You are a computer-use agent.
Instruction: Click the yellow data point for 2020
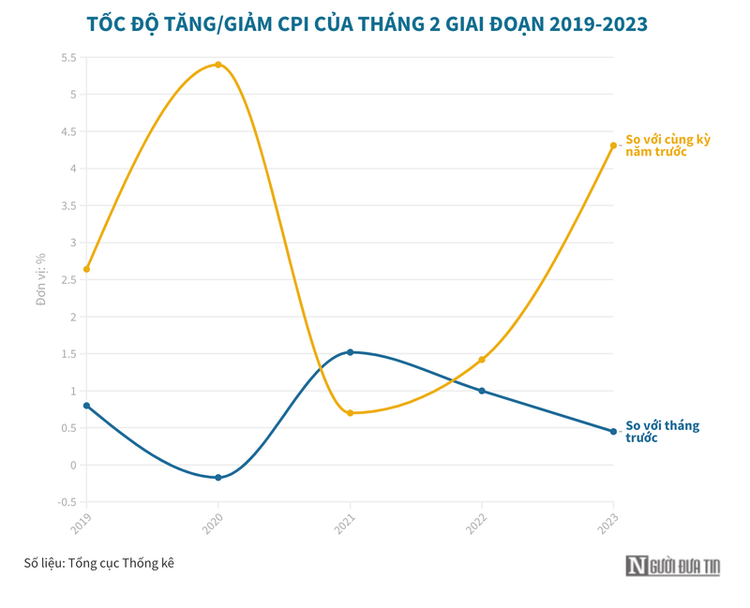[x=218, y=65]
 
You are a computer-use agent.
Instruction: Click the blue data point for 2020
[x=218, y=478]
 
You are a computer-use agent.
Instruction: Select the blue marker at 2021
[x=350, y=352]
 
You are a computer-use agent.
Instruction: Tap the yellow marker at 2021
[x=350, y=413]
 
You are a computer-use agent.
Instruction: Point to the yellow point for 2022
[x=482, y=360]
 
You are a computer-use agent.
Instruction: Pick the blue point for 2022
[x=482, y=391]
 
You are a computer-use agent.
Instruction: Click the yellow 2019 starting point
[x=86, y=269]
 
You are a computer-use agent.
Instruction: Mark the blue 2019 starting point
[x=86, y=406]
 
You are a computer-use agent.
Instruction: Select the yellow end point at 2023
[x=613, y=145]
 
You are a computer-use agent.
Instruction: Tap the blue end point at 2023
[x=613, y=432]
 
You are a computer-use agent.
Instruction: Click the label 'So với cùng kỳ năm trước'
[x=667, y=145]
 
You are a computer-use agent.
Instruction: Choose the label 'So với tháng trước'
[x=662, y=432]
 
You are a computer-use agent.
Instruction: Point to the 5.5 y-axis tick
[x=68, y=58]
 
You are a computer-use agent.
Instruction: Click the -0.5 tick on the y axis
[x=67, y=502]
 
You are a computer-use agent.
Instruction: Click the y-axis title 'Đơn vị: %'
[x=41, y=279]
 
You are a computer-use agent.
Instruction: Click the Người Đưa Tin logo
[x=673, y=565]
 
